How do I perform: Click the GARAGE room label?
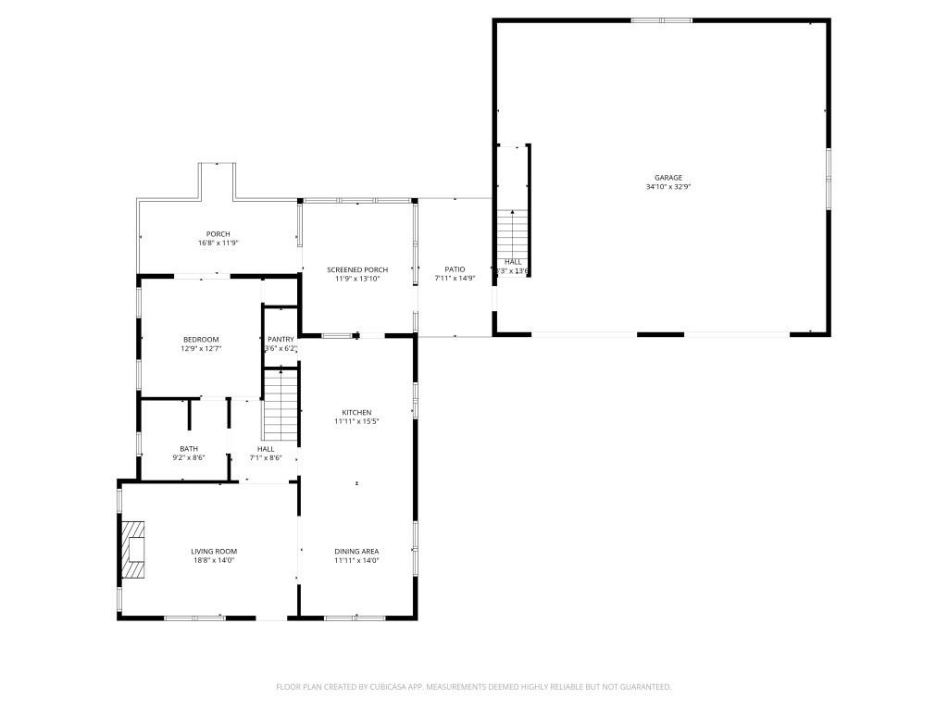tap(667, 178)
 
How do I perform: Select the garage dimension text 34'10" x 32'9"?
tap(667, 187)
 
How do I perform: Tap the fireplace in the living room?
tap(135, 550)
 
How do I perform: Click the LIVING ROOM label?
tap(214, 551)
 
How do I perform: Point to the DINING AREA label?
tap(356, 551)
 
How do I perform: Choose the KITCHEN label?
tap(356, 412)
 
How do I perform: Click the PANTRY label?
tap(281, 340)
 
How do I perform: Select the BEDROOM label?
tap(201, 340)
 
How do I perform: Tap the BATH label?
tap(189, 448)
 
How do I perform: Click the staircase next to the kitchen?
tap(281, 405)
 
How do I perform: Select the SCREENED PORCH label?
tap(356, 269)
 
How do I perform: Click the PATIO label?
tap(454, 269)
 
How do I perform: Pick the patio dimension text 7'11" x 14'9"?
tap(454, 279)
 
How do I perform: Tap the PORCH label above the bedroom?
tap(218, 233)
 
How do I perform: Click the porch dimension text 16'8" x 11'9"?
tap(218, 243)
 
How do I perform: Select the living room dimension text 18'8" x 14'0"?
tap(214, 560)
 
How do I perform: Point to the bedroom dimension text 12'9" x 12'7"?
tap(201, 349)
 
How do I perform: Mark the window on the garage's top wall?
tap(661, 20)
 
